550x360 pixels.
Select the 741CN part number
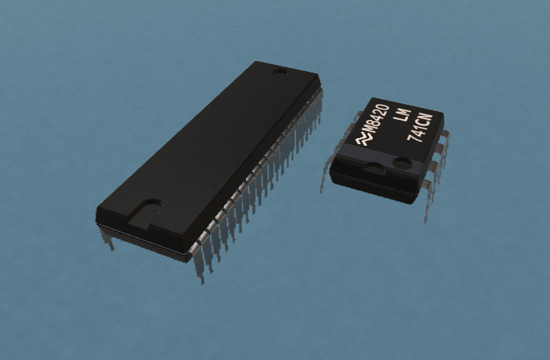click(420, 128)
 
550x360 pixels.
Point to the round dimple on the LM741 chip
click(402, 163)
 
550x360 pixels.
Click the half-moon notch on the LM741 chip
click(374, 168)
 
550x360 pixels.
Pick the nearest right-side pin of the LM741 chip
click(428, 200)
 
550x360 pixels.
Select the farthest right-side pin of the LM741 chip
click(445, 140)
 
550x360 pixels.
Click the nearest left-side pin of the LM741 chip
click(325, 175)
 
